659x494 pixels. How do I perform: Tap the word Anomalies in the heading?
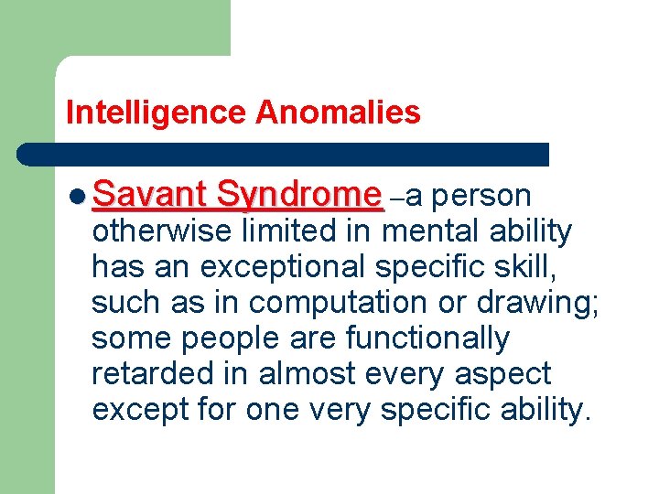coord(338,113)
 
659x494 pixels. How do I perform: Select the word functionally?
coord(427,338)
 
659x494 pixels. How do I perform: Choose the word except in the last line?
coord(142,410)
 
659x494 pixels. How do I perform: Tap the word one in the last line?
coord(272,410)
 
